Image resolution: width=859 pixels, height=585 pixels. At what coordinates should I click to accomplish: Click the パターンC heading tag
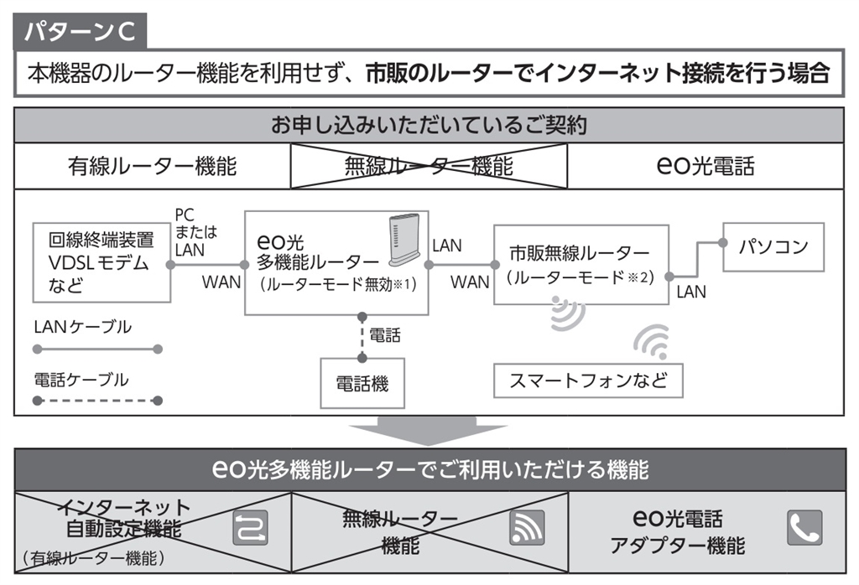[81, 32]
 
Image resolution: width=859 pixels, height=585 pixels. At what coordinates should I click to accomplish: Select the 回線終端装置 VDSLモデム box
[101, 261]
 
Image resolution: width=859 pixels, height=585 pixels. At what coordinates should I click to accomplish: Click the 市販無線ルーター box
[580, 264]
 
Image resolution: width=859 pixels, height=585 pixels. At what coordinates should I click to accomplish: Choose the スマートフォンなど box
[589, 381]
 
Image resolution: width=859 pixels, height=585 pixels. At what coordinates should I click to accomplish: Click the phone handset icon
[804, 527]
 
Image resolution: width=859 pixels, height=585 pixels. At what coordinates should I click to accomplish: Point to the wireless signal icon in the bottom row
[527, 527]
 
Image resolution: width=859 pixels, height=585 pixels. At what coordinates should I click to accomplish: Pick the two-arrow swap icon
[250, 527]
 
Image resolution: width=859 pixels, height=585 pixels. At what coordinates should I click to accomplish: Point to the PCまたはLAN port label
[189, 231]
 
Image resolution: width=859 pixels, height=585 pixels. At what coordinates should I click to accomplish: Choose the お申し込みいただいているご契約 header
[429, 126]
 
